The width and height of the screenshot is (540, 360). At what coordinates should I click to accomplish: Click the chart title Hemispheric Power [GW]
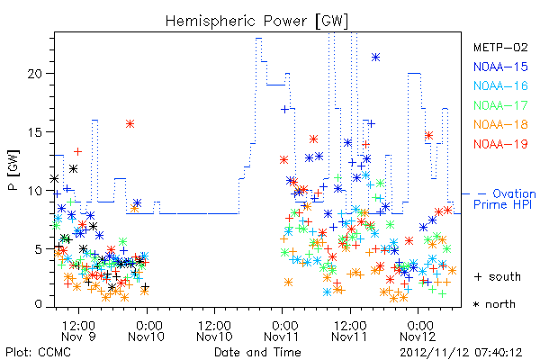(x=256, y=22)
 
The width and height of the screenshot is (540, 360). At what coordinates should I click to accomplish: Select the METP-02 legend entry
(x=500, y=47)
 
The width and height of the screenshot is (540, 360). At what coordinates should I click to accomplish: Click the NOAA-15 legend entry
(x=500, y=67)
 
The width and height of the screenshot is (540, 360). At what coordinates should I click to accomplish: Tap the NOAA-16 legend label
(x=500, y=85)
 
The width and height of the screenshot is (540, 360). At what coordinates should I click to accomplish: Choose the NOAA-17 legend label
(x=500, y=105)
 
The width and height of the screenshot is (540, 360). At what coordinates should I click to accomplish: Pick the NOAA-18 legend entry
(x=500, y=124)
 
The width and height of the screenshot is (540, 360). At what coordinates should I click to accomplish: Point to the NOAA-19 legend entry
(x=500, y=144)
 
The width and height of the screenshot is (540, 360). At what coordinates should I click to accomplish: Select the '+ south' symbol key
(x=498, y=276)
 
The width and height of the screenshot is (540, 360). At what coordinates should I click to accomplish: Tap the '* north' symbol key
(x=494, y=304)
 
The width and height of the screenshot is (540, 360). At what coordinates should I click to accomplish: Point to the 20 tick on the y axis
(x=35, y=74)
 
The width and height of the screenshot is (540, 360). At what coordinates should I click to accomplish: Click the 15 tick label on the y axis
(x=35, y=132)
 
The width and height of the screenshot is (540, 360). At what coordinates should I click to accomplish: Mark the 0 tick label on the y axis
(x=39, y=304)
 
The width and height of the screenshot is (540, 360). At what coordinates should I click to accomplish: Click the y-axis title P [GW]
(x=13, y=170)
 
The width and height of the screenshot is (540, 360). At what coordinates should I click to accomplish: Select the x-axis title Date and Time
(x=257, y=352)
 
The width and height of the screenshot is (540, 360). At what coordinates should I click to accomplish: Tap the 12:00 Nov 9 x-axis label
(x=78, y=330)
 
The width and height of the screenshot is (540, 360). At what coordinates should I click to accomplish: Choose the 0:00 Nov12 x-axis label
(x=418, y=330)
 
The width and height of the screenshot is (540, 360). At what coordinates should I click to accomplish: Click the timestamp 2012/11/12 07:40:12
(x=461, y=353)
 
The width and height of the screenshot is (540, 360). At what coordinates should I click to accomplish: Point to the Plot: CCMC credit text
(x=38, y=352)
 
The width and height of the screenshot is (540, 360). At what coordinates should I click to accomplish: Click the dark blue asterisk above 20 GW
(x=375, y=58)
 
